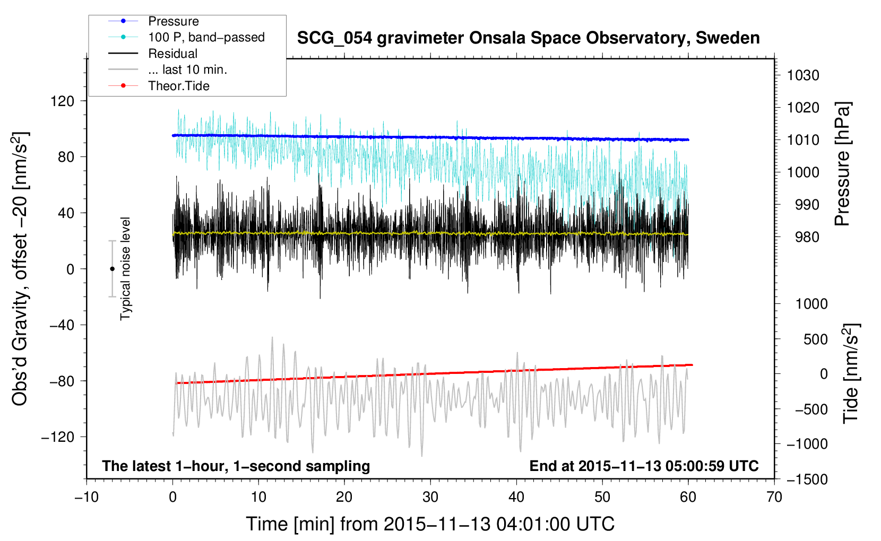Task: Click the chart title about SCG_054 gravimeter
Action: pos(528,38)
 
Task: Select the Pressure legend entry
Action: pos(173,21)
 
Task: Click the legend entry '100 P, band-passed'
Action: pos(206,37)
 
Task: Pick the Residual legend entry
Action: pos(172,54)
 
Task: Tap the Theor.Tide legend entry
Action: pos(178,86)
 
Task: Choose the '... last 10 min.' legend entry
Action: pos(187,69)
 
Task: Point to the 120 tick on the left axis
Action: pos(62,101)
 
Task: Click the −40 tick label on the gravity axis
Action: pos(62,325)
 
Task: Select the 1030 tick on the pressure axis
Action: pos(803,75)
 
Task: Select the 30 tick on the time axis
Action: pos(430,497)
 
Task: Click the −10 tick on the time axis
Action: pos(87,497)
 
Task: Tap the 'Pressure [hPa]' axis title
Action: pos(842,164)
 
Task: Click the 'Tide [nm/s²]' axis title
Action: pos(851,373)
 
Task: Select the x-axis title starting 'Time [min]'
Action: pos(430,524)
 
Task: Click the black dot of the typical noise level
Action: pos(112,269)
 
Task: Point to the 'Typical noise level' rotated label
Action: pos(125,269)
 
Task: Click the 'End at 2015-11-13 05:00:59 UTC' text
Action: pos(644,466)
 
